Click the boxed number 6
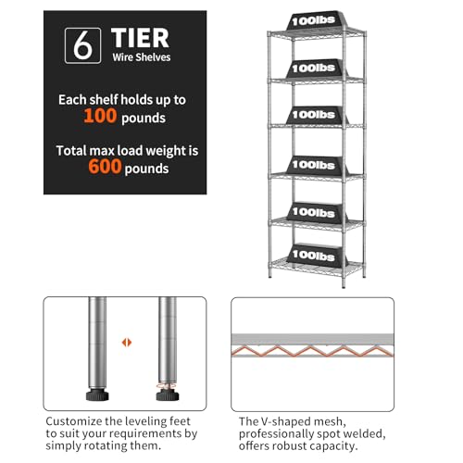point(82,45)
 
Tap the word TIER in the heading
point(140,38)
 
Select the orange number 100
point(100,116)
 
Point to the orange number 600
point(105,167)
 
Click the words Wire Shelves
point(142,57)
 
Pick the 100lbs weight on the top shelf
point(315,20)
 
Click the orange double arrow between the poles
point(127,343)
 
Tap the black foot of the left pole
point(97,395)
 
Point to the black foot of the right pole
point(168,395)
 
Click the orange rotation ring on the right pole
point(167,385)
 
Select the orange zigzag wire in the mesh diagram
point(312,351)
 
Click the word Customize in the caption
point(74,421)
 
